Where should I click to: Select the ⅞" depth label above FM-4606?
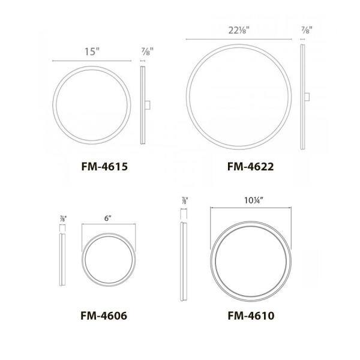pos(62,220)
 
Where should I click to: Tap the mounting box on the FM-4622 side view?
pos(307,97)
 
